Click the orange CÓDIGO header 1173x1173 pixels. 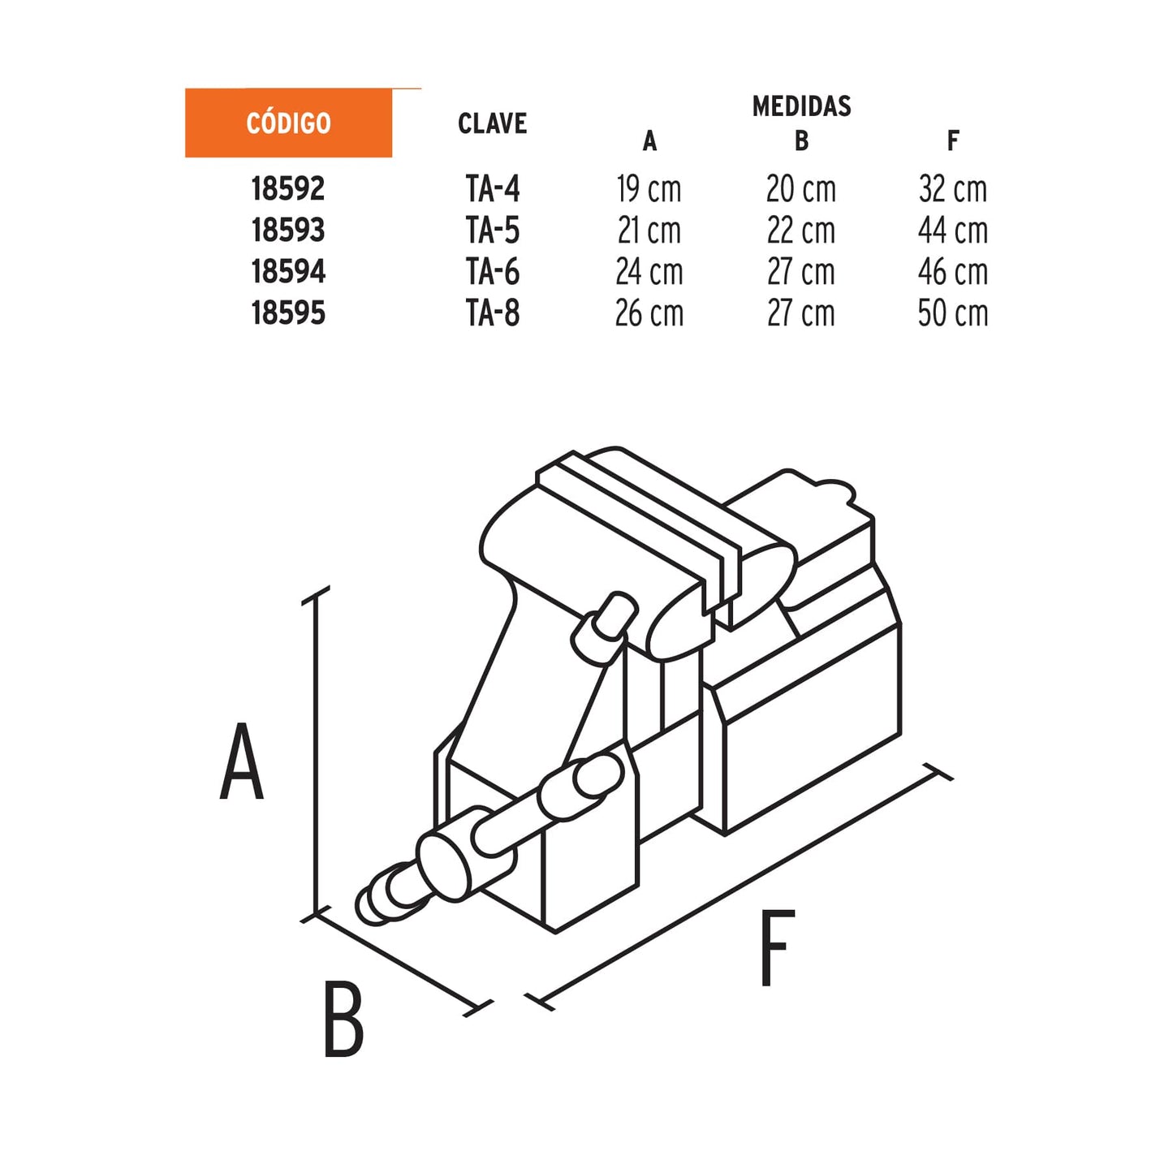(x=288, y=123)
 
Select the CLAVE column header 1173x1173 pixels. (x=492, y=123)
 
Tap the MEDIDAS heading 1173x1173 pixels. (x=801, y=106)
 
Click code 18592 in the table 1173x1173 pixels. (x=288, y=189)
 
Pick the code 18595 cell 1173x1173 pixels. (x=288, y=313)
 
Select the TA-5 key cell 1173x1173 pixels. (x=492, y=231)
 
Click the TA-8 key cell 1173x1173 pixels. (x=492, y=313)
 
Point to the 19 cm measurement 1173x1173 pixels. (x=649, y=189)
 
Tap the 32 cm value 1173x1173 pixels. (x=953, y=189)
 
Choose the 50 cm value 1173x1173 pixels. (x=953, y=313)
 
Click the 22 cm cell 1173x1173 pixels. (x=800, y=231)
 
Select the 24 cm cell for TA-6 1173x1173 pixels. (x=649, y=272)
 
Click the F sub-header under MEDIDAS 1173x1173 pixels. (x=953, y=141)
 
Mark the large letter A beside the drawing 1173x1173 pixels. (x=242, y=761)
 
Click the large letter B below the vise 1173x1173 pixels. (x=343, y=1020)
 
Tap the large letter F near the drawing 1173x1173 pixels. (x=777, y=948)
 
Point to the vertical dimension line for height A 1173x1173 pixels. (x=316, y=755)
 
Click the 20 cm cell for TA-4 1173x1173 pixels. (x=800, y=189)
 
